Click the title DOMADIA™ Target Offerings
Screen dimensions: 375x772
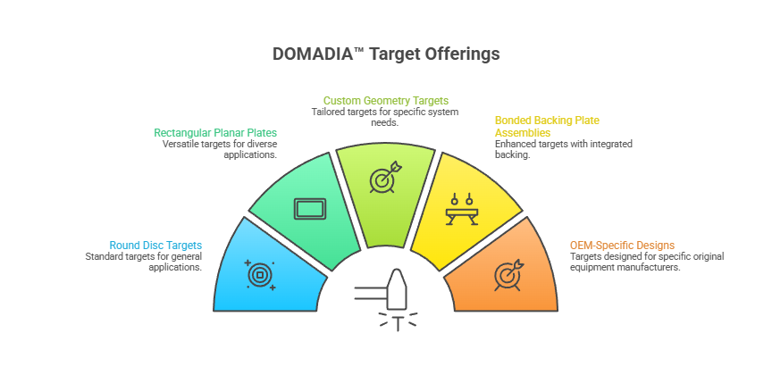(x=386, y=54)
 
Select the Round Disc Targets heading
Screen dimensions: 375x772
(x=155, y=246)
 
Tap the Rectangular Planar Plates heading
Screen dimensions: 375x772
(x=215, y=133)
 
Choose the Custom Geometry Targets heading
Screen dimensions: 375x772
(x=385, y=101)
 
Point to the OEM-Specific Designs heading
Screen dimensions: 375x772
(x=622, y=246)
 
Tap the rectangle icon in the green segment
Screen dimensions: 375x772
(x=309, y=210)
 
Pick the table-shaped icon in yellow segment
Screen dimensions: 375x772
(x=461, y=211)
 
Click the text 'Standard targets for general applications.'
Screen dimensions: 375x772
(x=144, y=262)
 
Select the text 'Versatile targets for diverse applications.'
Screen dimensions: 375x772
(x=220, y=149)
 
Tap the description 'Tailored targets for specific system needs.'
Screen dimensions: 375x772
(x=385, y=117)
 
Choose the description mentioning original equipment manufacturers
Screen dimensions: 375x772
(x=646, y=262)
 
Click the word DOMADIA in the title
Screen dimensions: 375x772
(x=313, y=54)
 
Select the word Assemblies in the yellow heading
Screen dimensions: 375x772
(x=523, y=132)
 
